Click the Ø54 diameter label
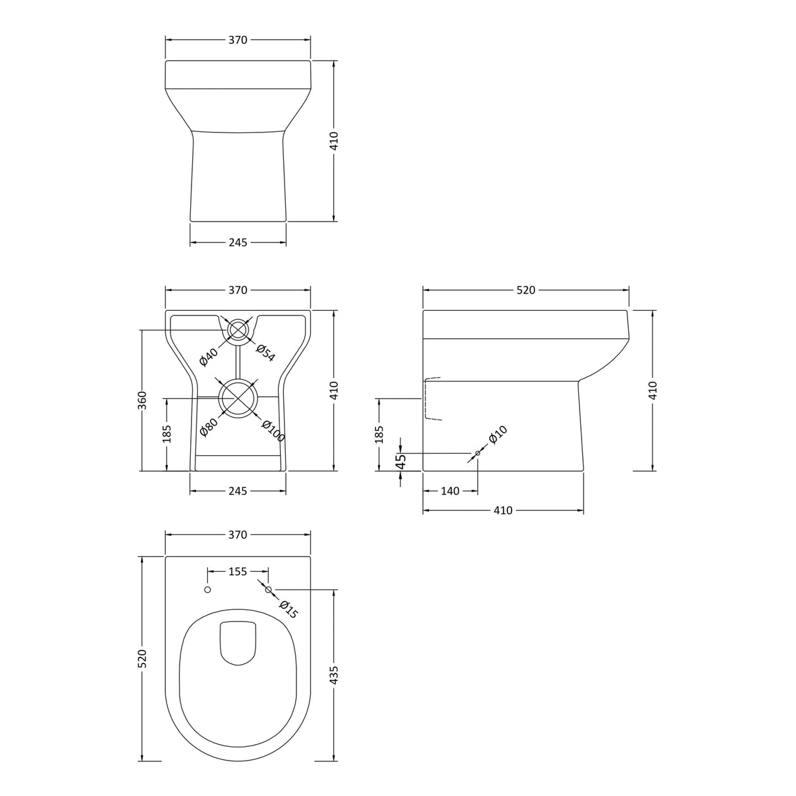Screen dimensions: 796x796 [x=265, y=353]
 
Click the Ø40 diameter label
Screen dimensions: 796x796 [x=209, y=357]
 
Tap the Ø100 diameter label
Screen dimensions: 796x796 [x=272, y=431]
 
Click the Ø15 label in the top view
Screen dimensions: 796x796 [x=289, y=610]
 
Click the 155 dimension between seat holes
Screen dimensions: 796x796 [x=237, y=572]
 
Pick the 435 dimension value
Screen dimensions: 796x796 [x=334, y=675]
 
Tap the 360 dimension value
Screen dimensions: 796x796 [x=142, y=400]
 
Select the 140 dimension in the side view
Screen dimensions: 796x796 [x=450, y=491]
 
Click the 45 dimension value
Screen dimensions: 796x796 [x=402, y=462]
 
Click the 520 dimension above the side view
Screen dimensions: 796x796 [x=526, y=290]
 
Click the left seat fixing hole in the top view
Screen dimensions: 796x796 [x=208, y=590]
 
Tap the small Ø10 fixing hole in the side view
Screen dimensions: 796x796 [x=477, y=454]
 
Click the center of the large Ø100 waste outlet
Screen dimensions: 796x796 [x=237, y=398]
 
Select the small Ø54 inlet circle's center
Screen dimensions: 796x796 [x=237, y=330]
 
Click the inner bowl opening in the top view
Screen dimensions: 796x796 [x=237, y=643]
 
